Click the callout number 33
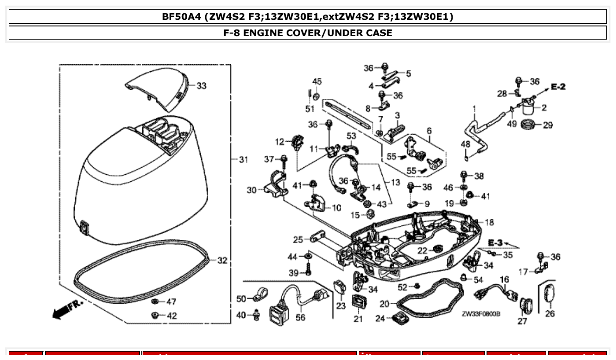coord(201,86)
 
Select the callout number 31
coord(243,159)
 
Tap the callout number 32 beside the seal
coord(222,261)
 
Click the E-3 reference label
coord(495,242)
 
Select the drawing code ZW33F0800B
coord(481,314)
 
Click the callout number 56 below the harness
coord(300,317)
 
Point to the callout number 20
coord(384,304)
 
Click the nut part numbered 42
coord(155,315)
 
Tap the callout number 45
coord(317,81)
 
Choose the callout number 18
coord(489,222)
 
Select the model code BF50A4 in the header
coord(181,17)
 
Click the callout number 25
coord(298,240)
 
